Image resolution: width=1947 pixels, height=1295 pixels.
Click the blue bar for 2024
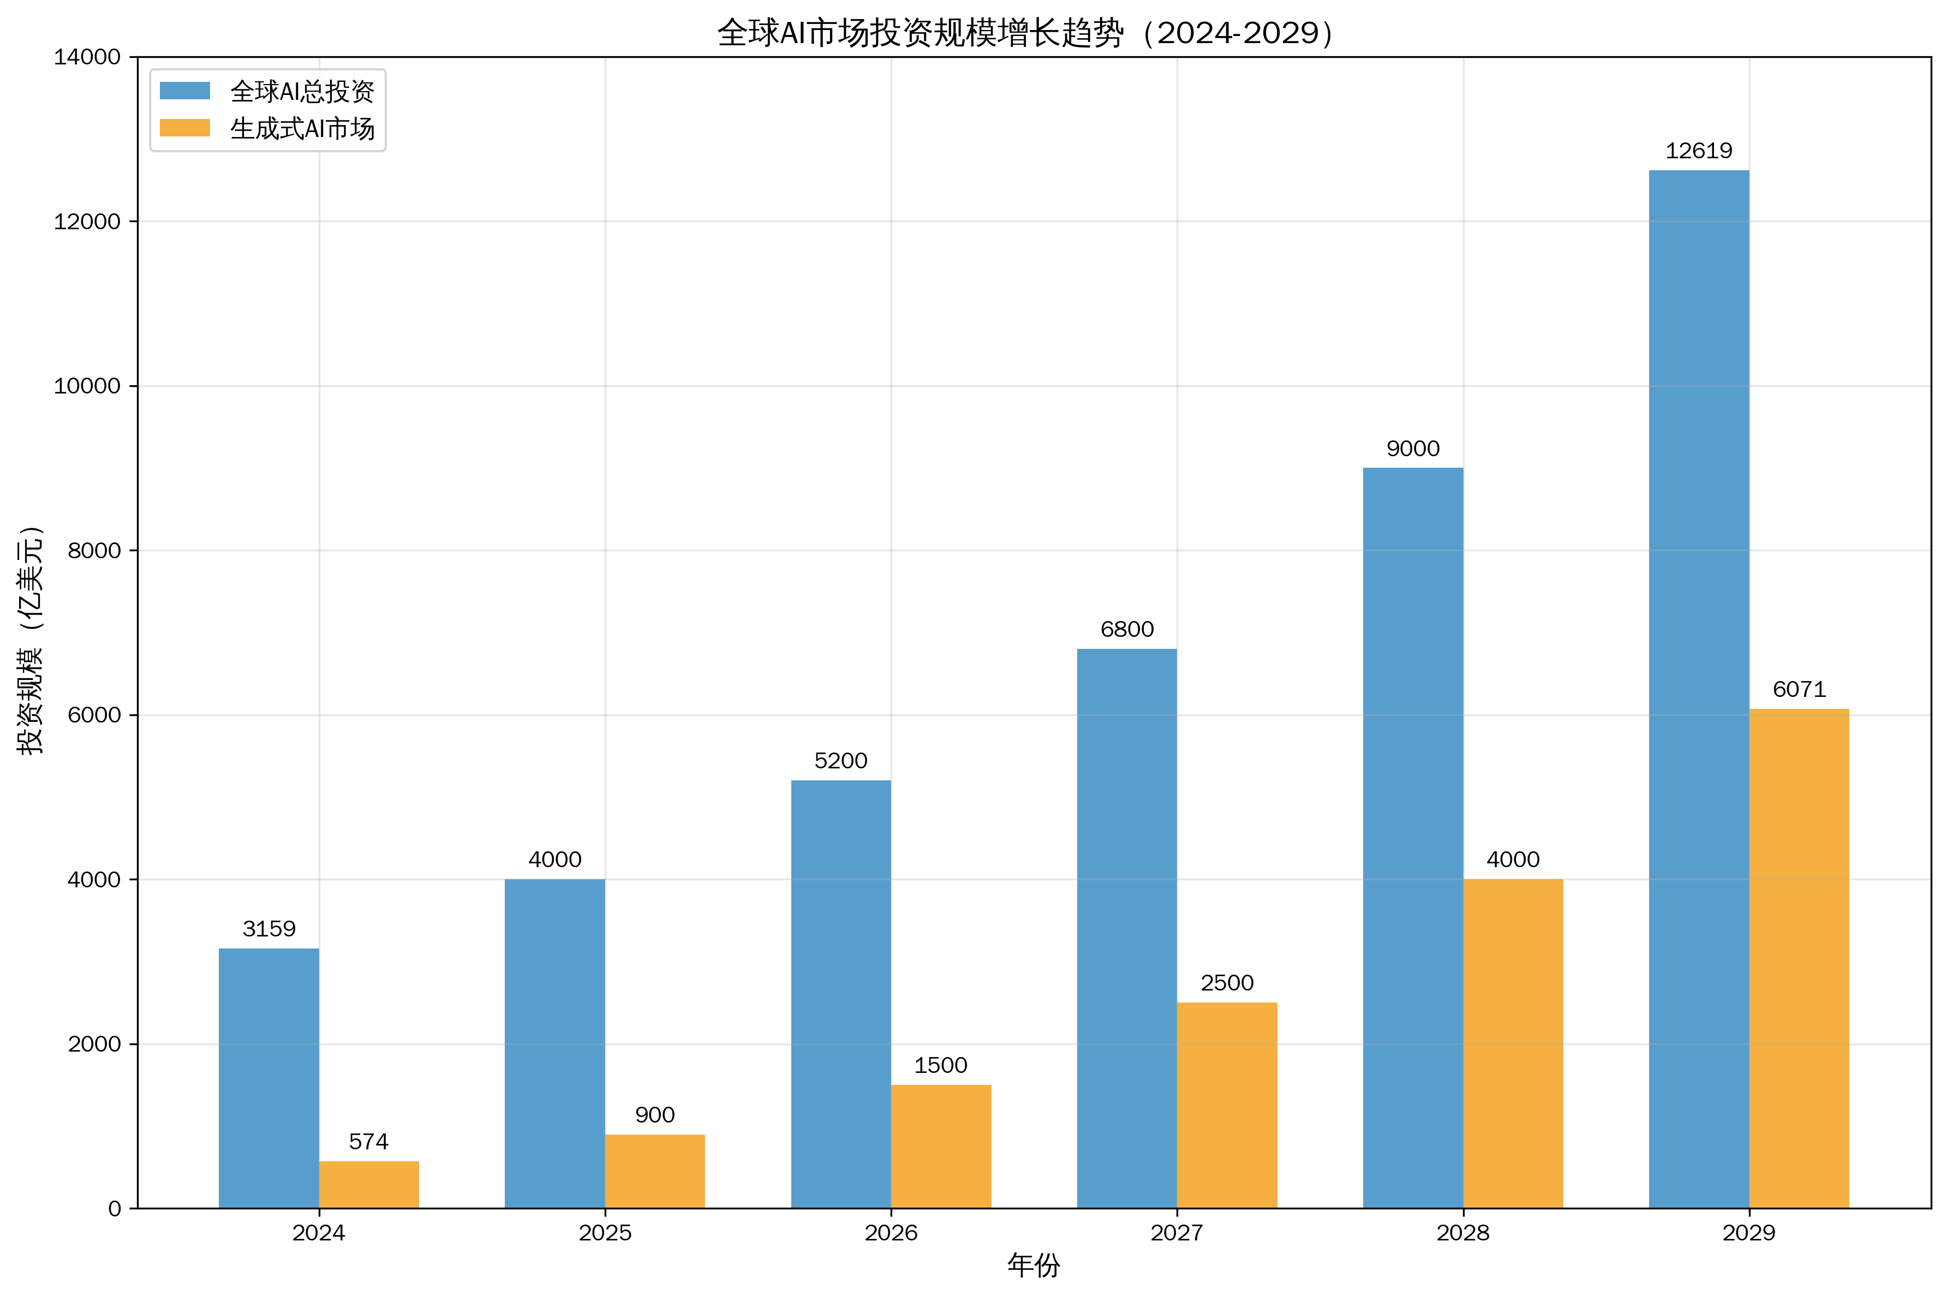[268, 1078]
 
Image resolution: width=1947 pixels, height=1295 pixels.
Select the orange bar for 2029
[1799, 958]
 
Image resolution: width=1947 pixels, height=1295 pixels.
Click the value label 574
[368, 1142]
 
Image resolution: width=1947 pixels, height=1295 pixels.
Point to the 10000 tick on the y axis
[87, 386]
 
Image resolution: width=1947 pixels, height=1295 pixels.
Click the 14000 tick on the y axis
[87, 57]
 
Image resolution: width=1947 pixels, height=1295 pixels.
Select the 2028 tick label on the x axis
[1462, 1233]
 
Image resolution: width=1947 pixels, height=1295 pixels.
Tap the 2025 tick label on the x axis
[605, 1233]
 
